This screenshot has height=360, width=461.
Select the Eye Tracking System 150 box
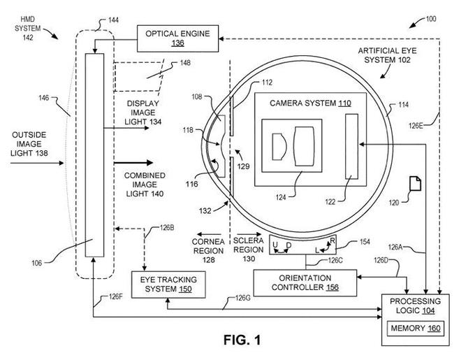[x=168, y=284]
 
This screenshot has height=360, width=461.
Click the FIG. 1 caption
[x=241, y=341]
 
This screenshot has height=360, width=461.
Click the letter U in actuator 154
[x=276, y=243]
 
